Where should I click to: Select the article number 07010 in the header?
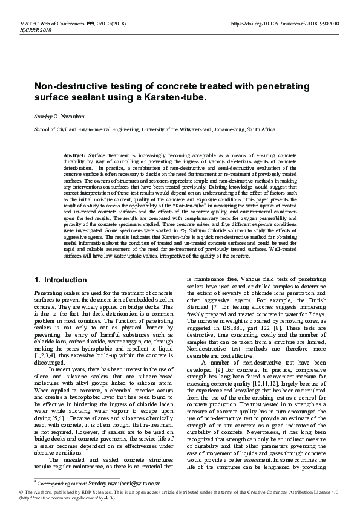click(x=105, y=23)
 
